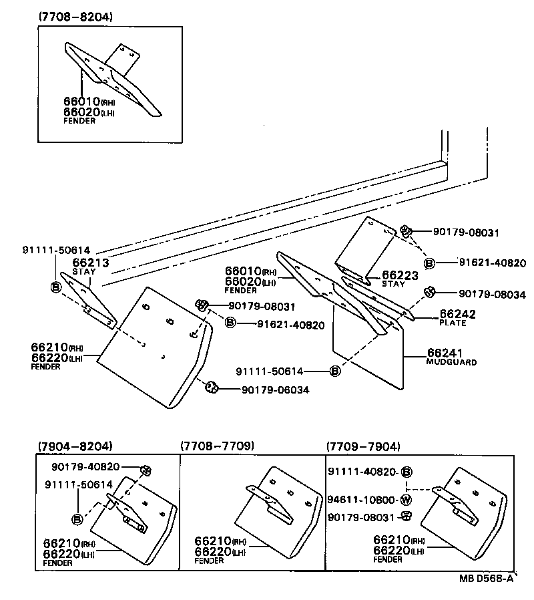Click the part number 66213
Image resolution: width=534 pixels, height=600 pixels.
tap(90, 263)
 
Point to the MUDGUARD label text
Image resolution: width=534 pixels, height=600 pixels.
tap(451, 361)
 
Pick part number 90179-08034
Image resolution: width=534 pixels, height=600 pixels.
tap(492, 294)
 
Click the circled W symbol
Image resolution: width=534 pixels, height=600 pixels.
tap(406, 500)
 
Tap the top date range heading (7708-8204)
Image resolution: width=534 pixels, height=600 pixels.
tap(75, 15)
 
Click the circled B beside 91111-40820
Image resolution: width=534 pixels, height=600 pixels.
tap(406, 472)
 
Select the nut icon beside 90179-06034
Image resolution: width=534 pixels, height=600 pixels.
tap(210, 387)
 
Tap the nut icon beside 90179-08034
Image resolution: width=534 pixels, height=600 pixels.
tap(430, 291)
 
